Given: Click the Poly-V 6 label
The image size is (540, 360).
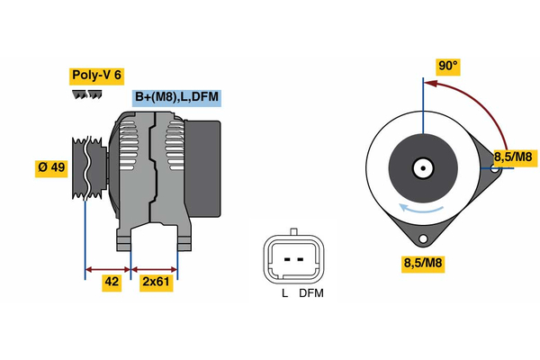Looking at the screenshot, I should pos(96,76).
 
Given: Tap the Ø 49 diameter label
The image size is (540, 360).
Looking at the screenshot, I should pos(51,168).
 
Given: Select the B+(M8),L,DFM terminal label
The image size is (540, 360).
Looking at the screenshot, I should pos(177,97).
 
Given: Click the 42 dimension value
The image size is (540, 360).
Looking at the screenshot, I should pos(112,282).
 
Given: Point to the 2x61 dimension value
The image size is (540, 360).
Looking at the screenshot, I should pos(157,282).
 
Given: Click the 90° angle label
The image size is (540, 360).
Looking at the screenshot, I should pos(447,66).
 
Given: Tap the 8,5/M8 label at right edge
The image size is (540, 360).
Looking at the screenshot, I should pos(514,157).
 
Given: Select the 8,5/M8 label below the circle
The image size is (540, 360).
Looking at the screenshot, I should pos(422,264).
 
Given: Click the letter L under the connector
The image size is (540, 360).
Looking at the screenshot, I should pos(284,293).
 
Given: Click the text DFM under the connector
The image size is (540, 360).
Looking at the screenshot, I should pos(310,293).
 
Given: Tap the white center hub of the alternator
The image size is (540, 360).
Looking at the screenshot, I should pos(421,168).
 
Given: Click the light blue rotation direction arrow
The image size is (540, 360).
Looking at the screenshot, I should pos(421,209).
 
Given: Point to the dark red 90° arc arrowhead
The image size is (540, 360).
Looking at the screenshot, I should pos(429,84).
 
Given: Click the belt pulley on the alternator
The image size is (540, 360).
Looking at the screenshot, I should pos(85,168).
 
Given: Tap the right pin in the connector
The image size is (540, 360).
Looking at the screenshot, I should pos(301,259).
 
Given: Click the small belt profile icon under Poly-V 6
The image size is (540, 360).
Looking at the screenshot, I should pos(86,94).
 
